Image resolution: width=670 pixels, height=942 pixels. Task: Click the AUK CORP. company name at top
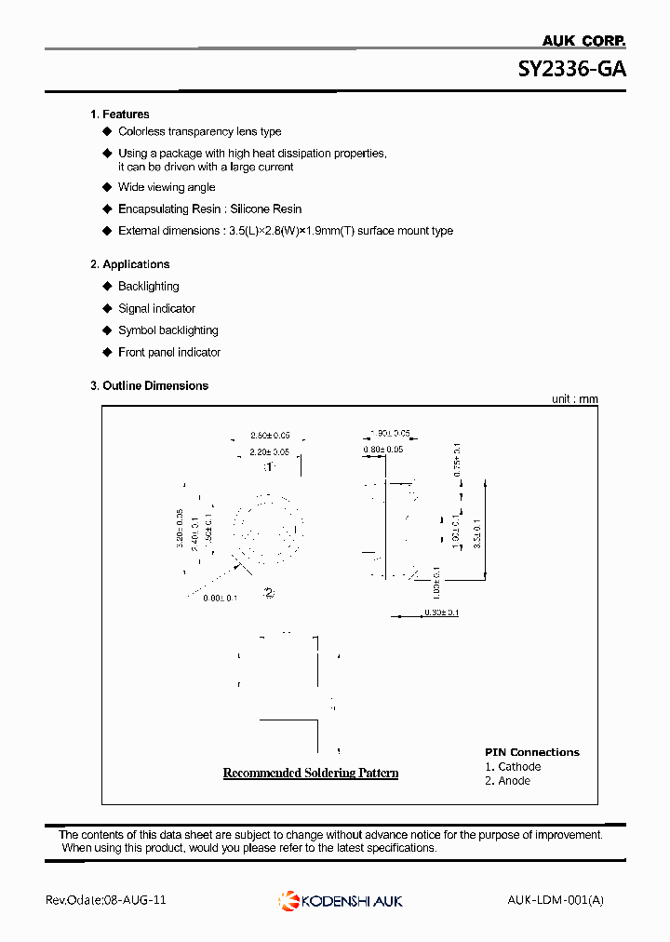[x=583, y=40]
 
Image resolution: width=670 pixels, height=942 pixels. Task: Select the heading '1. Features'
[x=119, y=114]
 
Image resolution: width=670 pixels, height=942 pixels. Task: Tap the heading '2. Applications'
[x=129, y=264]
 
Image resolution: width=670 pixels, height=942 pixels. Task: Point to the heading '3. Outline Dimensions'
[x=149, y=385]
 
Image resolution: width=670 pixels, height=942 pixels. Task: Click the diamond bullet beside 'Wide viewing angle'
[x=107, y=187]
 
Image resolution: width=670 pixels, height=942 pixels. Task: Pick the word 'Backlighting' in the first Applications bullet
[x=149, y=287]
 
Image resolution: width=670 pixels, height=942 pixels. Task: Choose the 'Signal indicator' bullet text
[x=156, y=308]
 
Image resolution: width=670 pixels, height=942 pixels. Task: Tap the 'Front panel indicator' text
[x=169, y=352]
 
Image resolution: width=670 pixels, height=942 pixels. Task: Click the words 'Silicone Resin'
[x=265, y=209]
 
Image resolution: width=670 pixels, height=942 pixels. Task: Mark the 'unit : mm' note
[x=575, y=399]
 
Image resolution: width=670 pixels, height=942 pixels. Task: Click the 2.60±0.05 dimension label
[x=270, y=436]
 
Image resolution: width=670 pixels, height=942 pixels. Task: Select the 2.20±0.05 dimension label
[x=270, y=451]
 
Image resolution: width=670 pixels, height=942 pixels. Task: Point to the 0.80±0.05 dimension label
[x=382, y=450]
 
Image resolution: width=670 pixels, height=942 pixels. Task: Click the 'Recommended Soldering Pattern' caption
[x=311, y=773]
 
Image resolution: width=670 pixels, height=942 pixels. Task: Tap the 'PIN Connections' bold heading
[x=531, y=752]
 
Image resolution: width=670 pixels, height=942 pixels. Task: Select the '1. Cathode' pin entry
[x=513, y=767]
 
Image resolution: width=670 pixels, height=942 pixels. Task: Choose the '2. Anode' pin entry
[x=508, y=781]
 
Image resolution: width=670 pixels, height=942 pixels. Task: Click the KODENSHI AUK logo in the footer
[x=341, y=900]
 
